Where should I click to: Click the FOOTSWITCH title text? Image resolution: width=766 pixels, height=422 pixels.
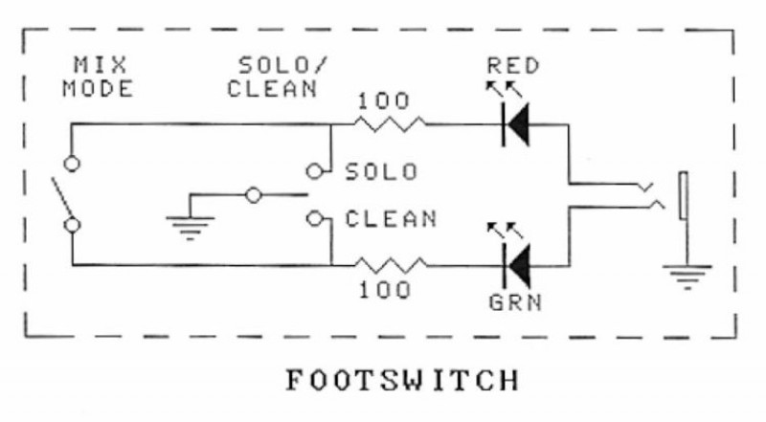click(401, 380)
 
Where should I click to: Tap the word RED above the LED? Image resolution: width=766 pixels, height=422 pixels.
click(513, 67)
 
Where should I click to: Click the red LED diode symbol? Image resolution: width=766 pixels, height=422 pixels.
click(516, 123)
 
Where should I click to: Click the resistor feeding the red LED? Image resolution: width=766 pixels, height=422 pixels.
click(389, 123)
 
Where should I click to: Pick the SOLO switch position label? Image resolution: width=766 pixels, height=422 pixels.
click(381, 172)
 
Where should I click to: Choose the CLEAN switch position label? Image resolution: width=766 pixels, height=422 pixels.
click(391, 219)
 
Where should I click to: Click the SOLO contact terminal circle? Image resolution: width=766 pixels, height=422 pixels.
click(313, 171)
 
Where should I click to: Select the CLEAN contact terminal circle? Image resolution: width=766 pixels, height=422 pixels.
click(313, 218)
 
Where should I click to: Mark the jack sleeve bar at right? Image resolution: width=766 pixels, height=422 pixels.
click(683, 196)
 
